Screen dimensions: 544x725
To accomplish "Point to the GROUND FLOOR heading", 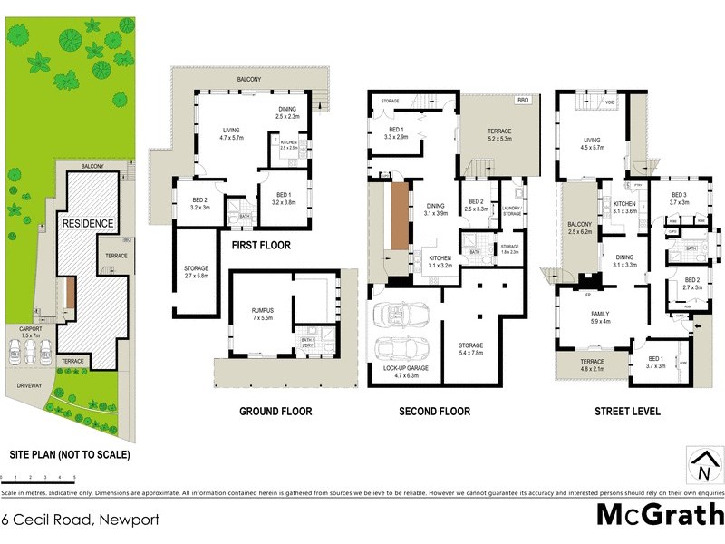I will [x=275, y=412].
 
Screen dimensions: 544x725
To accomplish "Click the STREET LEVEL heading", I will [x=627, y=412].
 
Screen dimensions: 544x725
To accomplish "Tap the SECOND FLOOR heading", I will [x=435, y=412].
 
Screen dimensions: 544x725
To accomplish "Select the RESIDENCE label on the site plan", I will [x=87, y=223].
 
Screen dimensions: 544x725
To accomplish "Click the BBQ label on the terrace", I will [x=522, y=101].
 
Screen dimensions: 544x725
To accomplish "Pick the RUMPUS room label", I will [x=263, y=314].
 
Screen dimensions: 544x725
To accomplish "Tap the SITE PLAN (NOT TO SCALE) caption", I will [x=69, y=453].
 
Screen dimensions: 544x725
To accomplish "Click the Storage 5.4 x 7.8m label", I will [x=470, y=349].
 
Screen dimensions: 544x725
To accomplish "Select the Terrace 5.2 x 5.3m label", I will [x=498, y=136].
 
